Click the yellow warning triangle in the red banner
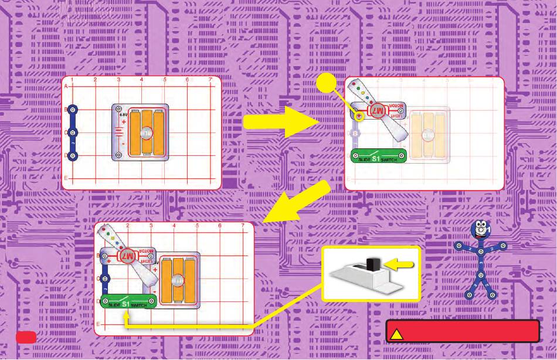click(x=397, y=334)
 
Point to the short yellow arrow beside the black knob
click(x=400, y=265)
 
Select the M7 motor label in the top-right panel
click(x=379, y=109)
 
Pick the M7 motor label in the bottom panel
click(x=128, y=255)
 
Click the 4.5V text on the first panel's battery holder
click(x=123, y=115)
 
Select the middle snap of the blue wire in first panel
click(x=73, y=132)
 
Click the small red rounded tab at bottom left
click(x=26, y=336)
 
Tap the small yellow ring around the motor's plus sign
click(x=359, y=116)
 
